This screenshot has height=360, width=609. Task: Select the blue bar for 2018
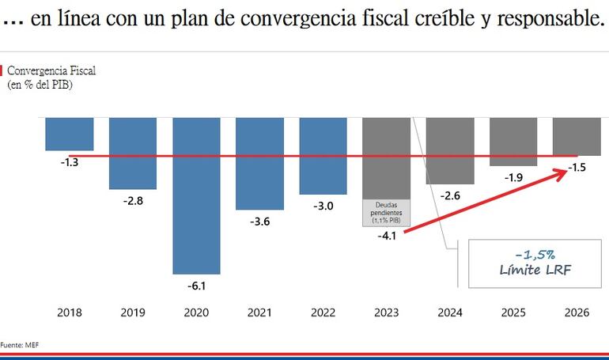70,133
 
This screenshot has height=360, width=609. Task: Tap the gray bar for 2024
450,150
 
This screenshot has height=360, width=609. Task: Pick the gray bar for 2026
577,136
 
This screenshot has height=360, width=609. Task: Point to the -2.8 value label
133,201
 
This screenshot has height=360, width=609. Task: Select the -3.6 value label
259,222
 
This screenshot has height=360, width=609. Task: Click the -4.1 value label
387,235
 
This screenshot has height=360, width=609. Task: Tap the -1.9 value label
513,178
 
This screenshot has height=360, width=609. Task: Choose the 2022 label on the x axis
323,313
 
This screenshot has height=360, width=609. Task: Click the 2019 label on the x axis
133,313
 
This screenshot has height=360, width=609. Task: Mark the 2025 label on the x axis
513,313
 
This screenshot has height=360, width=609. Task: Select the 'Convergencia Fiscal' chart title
51,71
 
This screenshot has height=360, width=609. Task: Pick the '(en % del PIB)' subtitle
40,84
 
